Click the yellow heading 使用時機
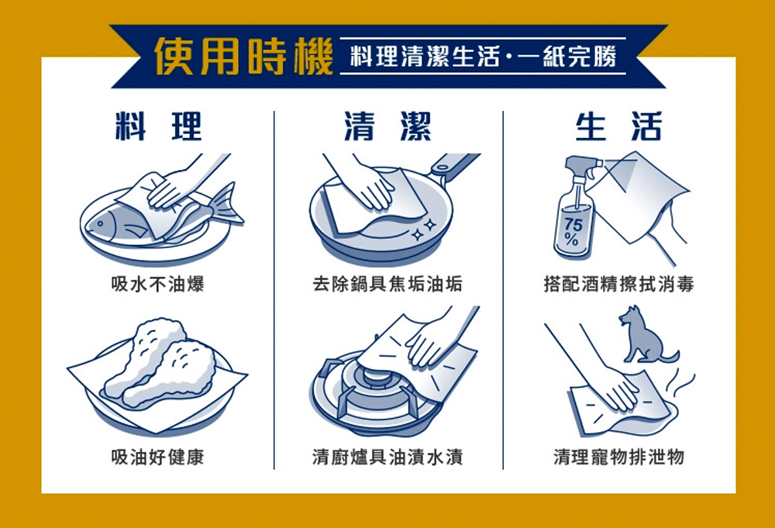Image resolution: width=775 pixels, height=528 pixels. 243,57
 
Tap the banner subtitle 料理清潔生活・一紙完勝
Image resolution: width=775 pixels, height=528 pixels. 483,56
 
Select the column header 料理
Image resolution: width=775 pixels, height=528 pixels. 158,126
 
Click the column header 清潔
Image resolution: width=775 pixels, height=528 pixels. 387,126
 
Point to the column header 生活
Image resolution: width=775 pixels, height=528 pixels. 618,126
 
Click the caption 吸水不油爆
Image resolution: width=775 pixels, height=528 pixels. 157,284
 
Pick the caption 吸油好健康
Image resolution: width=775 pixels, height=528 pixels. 157,457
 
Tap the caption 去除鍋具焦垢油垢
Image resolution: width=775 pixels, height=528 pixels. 387,284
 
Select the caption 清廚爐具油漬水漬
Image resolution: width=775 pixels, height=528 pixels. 387,457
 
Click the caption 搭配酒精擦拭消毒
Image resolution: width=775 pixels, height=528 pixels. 618,284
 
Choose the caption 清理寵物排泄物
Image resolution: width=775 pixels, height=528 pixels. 618,457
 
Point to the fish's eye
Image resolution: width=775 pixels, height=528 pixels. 100,223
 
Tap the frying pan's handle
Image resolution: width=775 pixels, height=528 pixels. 453,164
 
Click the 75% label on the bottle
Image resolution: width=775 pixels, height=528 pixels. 573,231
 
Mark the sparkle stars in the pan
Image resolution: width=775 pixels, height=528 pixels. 424,229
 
